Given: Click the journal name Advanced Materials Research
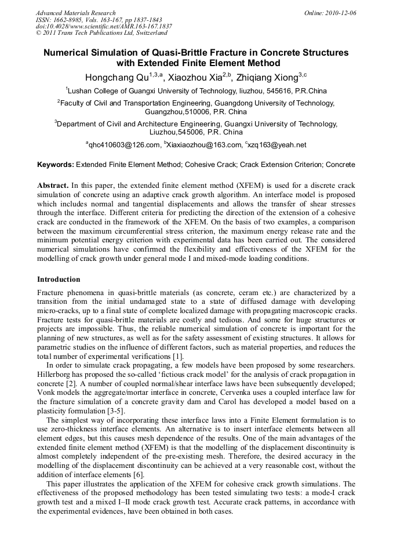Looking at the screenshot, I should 75,13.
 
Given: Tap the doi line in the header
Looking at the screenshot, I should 104,27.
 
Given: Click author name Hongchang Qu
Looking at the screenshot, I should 116,77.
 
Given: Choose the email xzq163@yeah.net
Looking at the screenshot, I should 277,145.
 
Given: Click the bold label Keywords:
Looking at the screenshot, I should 56,165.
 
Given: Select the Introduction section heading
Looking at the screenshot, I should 59,279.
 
